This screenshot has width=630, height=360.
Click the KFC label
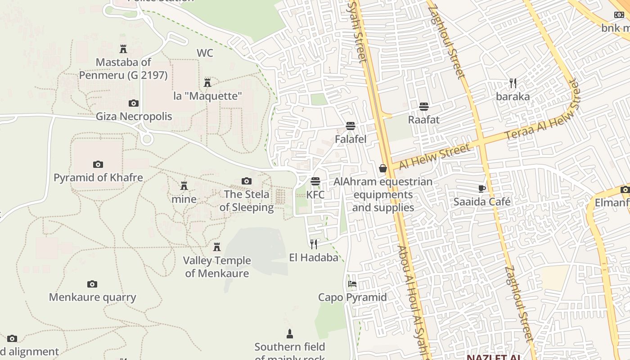point(315,195)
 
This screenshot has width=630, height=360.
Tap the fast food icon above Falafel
point(351,126)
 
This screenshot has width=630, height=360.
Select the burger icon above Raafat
point(423,107)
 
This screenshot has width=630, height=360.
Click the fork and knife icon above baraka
point(513,83)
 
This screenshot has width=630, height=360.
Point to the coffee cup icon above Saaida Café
point(482,189)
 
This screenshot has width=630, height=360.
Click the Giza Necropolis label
point(134,117)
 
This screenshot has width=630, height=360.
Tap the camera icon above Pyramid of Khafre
point(98,164)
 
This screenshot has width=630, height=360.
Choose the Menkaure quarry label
point(92,297)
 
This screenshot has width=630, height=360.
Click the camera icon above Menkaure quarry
point(92,284)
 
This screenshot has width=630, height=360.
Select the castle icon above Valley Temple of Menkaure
point(217,247)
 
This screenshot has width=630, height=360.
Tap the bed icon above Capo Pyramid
point(352,283)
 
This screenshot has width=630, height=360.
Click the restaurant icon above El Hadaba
point(314,244)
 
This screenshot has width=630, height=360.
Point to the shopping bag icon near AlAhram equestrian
point(383,168)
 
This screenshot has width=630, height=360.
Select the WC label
point(205,53)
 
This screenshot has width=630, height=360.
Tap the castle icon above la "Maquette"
point(207,82)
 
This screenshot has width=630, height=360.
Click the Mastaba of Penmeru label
point(123,68)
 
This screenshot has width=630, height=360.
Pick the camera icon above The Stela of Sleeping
point(246,181)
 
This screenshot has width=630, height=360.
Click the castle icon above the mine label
point(184,185)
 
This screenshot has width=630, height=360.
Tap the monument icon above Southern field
point(289,333)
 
